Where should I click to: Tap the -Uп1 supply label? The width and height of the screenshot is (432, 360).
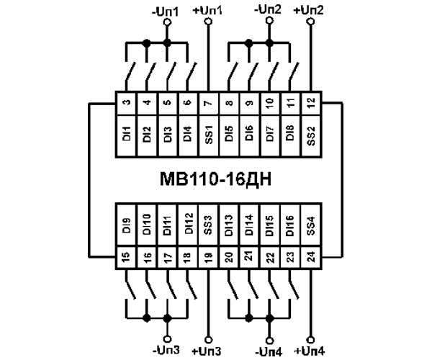tap(167, 10)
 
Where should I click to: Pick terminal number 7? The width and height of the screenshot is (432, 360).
tap(208, 103)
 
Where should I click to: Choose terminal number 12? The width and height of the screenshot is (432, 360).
tap(310, 103)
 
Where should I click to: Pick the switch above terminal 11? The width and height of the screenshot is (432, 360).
tap(294, 74)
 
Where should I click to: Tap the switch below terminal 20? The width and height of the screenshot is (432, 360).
tap(233, 287)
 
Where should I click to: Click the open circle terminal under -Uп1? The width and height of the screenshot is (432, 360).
tap(167, 22)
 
